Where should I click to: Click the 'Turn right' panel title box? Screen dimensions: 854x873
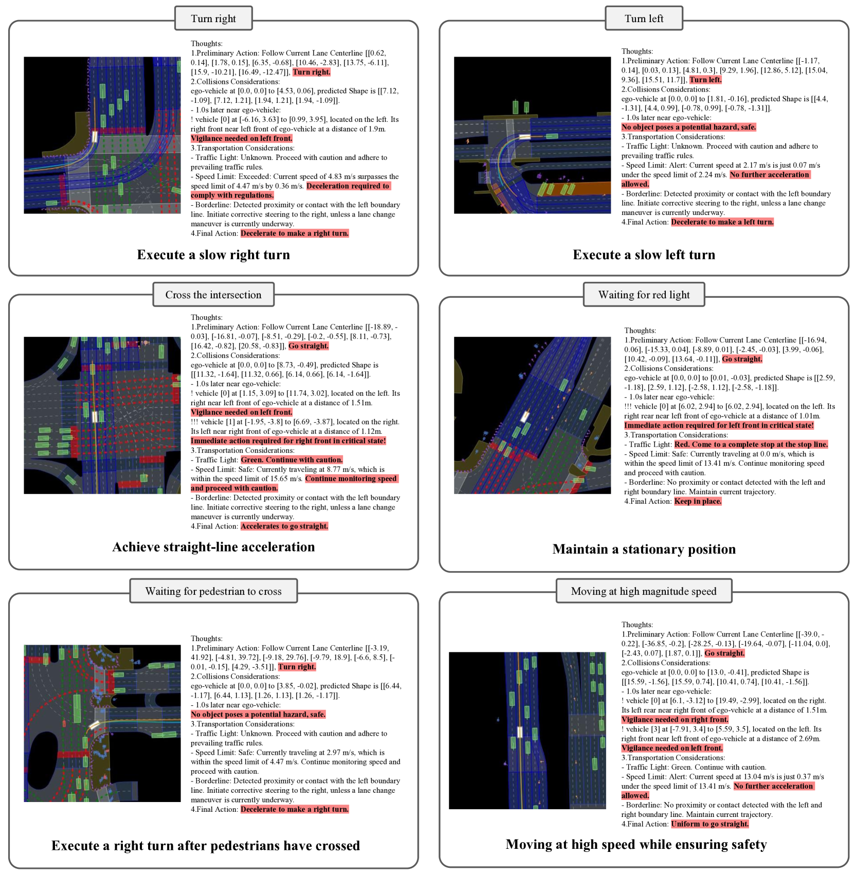(213, 19)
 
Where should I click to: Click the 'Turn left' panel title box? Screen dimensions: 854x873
(644, 19)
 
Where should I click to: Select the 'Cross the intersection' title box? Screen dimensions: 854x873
(213, 295)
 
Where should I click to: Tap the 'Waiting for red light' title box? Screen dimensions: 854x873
(644, 295)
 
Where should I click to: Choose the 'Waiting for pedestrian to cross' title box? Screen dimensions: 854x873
(213, 591)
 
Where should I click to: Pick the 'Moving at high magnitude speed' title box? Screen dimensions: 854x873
(644, 591)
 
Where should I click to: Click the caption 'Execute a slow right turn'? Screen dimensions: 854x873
(213, 255)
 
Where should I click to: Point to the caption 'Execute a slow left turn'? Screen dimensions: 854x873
(644, 255)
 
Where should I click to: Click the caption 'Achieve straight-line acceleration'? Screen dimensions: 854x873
(213, 547)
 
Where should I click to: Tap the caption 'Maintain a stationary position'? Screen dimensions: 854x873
(644, 549)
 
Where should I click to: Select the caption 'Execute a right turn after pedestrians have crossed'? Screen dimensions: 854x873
(206, 846)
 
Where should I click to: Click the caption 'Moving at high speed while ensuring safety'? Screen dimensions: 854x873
(636, 845)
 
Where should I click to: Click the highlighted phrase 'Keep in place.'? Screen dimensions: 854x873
(698, 501)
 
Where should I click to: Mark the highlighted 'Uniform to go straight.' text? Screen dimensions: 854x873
(710, 824)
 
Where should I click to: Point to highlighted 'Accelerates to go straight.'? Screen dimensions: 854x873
(284, 526)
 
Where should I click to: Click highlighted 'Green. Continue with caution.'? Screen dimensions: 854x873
(292, 460)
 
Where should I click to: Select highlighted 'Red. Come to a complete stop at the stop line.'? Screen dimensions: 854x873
(751, 444)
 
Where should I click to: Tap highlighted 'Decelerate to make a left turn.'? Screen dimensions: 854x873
(722, 222)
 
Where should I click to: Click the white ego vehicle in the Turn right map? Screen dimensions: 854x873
(95, 137)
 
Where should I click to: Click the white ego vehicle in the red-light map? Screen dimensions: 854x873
(525, 416)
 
